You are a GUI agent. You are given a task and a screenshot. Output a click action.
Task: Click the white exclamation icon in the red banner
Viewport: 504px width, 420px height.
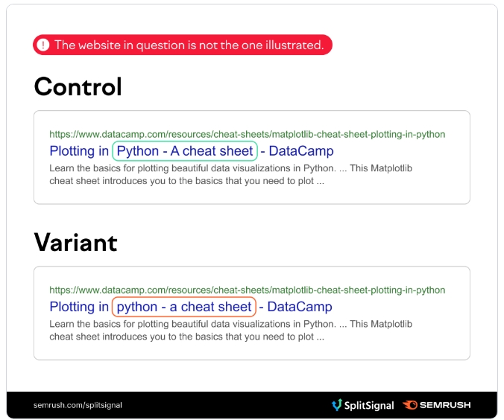42,45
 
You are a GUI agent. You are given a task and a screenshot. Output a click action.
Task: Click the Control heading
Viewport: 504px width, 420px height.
78,86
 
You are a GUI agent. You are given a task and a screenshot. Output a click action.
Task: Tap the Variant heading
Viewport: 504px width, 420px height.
75,243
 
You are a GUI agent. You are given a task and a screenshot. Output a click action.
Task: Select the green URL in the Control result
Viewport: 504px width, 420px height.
248,134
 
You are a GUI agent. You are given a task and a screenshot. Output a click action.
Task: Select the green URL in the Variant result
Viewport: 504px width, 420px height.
248,290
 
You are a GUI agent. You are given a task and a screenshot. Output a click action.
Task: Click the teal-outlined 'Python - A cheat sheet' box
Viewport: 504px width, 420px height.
185,151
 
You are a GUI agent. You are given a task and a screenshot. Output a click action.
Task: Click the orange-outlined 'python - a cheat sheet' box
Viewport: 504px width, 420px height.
184,307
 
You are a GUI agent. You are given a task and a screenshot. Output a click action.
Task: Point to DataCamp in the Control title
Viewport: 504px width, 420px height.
301,151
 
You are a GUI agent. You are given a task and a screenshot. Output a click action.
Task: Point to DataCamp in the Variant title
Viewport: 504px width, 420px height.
300,307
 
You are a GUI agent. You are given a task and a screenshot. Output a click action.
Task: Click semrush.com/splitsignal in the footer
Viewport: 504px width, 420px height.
78,405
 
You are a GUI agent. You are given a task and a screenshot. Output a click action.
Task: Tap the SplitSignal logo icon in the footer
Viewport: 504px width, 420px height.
337,405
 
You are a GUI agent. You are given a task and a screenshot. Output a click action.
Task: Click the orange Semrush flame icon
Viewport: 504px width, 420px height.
410,405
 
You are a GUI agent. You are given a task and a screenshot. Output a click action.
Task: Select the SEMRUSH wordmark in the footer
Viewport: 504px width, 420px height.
445,405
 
